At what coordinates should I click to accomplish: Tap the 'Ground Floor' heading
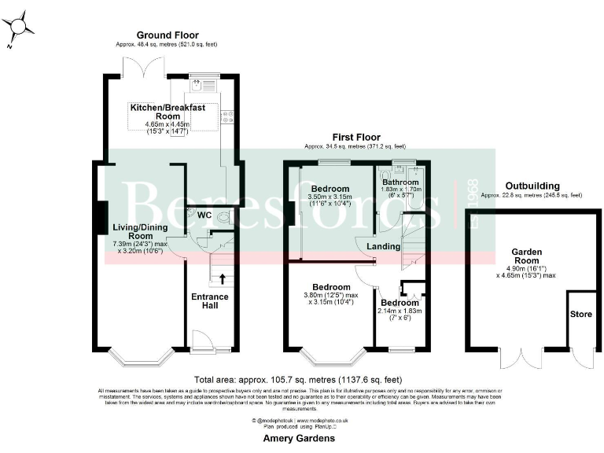(167, 35)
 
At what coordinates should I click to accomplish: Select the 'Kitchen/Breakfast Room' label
(168, 112)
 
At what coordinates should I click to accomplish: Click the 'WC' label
(204, 215)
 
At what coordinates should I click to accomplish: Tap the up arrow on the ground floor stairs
(222, 278)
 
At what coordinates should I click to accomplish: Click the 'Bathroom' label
(401, 182)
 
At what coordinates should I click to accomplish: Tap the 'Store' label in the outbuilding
(580, 313)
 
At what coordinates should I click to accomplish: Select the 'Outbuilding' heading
(532, 186)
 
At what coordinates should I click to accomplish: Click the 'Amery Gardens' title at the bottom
(300, 438)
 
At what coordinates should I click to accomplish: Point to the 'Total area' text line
(299, 379)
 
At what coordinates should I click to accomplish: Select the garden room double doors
(520, 359)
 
